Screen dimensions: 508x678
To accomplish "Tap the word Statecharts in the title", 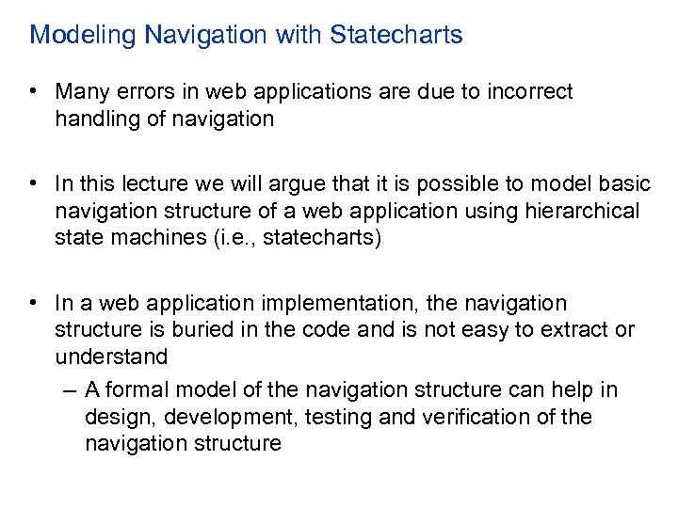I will [395, 36].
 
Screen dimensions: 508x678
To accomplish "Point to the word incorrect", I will [529, 92].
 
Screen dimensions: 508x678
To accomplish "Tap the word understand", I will [111, 357].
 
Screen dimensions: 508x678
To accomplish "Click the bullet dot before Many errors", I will [33, 92].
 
